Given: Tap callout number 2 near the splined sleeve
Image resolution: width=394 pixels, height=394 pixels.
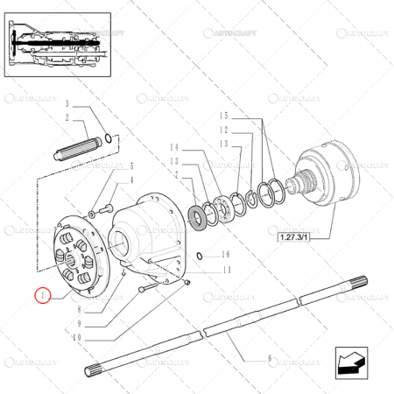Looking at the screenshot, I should click(66, 116).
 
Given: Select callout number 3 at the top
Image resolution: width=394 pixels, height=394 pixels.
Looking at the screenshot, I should click(66, 105).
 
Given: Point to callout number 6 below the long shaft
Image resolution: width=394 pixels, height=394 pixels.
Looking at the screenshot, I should click(269, 357).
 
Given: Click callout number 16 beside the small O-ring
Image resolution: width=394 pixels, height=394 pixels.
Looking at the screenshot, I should click(225, 255).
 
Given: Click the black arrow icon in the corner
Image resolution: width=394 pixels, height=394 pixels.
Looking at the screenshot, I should click(348, 360).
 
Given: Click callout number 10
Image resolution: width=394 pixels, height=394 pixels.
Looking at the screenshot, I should click(75, 336).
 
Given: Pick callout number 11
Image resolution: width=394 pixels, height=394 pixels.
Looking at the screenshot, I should click(225, 271).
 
